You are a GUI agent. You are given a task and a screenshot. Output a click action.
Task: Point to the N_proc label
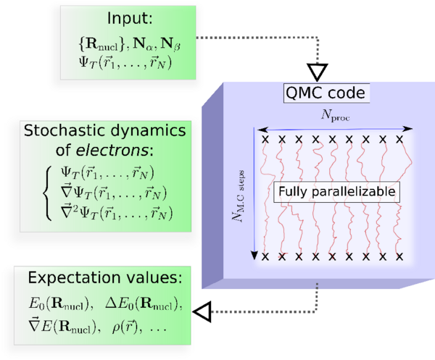pos(333,116)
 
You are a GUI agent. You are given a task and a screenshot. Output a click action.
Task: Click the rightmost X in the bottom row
pos(401,256)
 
